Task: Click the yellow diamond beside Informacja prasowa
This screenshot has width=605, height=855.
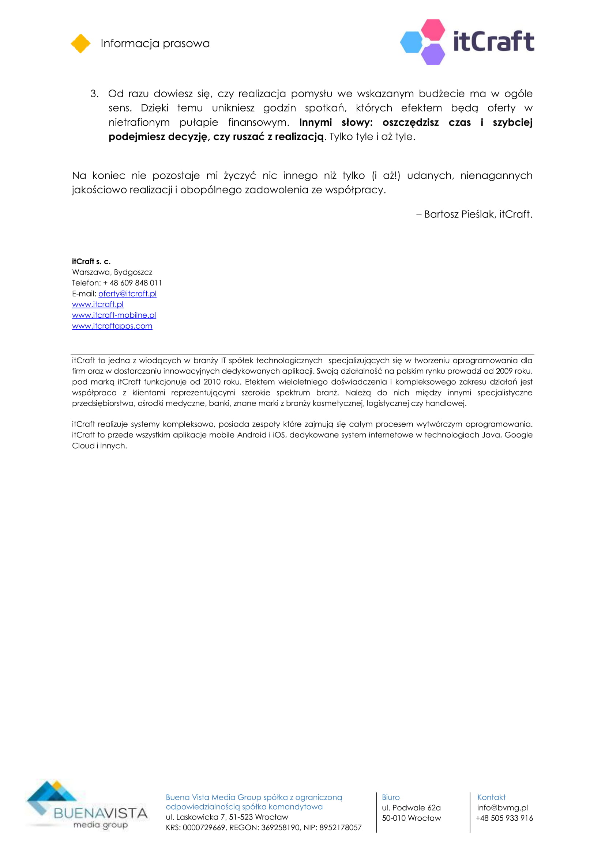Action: click(80, 43)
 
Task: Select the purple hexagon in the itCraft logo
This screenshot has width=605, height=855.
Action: click(433, 54)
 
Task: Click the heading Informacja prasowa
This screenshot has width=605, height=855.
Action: click(155, 43)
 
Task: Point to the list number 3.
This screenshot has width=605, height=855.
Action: click(94, 94)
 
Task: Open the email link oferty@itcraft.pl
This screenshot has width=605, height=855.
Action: click(127, 294)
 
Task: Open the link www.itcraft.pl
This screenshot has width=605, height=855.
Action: click(98, 304)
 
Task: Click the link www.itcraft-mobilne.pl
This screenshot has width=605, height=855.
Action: click(114, 315)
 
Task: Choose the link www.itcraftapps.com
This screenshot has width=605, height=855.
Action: click(112, 326)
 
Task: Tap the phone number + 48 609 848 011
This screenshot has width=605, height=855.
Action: click(132, 283)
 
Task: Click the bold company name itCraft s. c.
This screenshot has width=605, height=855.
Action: click(91, 261)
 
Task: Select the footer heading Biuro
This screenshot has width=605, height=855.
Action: click(390, 797)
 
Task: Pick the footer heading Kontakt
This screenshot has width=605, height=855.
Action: click(491, 797)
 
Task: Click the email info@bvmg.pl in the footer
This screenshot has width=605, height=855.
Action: click(502, 808)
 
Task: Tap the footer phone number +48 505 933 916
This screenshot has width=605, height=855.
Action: click(504, 818)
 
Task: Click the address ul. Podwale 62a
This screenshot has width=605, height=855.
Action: click(411, 808)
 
